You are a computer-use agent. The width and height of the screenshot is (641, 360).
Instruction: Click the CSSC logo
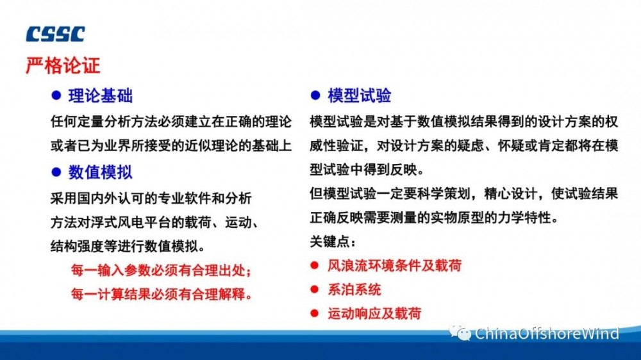tap(56, 34)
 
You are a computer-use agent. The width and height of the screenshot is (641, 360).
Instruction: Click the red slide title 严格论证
tap(63, 65)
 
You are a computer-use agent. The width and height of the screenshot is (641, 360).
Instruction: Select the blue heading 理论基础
tap(101, 95)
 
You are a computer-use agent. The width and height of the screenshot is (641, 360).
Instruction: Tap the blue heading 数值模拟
tap(101, 172)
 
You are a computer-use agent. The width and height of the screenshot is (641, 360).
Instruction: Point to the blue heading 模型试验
tap(360, 95)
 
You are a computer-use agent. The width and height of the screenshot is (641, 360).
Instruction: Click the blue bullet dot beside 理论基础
tap(56, 95)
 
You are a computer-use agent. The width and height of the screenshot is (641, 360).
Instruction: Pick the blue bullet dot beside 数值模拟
tap(56, 172)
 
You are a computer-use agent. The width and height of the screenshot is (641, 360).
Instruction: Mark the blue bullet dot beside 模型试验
tap(315, 95)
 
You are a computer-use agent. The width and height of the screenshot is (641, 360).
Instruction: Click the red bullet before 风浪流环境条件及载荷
tap(314, 266)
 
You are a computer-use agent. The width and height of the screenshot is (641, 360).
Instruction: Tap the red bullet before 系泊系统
tap(314, 290)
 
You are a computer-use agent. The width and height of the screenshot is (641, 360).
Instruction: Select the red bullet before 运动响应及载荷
tap(314, 313)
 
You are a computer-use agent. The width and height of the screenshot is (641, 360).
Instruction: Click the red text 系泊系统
tap(354, 290)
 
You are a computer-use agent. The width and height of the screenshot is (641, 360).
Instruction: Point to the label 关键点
tap(333, 242)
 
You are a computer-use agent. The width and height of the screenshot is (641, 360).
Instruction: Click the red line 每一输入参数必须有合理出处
tap(162, 270)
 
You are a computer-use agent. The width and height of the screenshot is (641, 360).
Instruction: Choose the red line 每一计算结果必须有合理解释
tap(162, 294)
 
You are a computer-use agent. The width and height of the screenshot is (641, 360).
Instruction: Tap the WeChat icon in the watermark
tap(460, 332)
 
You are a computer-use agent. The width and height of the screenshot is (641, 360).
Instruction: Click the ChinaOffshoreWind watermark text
tap(547, 334)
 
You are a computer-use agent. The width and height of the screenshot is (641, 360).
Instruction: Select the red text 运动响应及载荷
tap(374, 313)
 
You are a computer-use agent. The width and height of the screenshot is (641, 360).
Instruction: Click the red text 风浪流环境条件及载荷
tap(394, 266)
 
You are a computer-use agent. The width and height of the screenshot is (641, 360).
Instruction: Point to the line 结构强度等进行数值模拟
tap(128, 246)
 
